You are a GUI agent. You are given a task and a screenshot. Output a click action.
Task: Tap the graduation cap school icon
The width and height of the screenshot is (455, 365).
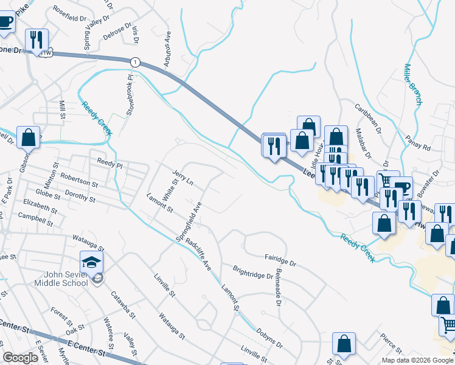(x=91, y=263)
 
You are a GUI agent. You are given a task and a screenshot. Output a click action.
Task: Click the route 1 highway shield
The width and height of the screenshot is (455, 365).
(x=134, y=61)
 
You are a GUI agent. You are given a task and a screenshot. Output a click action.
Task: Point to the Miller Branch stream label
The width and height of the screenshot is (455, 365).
(x=412, y=84)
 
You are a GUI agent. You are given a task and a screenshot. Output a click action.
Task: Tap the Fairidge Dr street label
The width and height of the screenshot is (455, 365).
(x=279, y=261)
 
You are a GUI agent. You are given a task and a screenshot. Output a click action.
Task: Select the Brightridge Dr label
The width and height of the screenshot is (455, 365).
(x=253, y=271)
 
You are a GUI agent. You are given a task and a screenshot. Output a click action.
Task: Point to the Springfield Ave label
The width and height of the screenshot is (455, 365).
(x=189, y=220)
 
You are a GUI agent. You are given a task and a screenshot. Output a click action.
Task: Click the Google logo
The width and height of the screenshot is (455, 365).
(x=21, y=357)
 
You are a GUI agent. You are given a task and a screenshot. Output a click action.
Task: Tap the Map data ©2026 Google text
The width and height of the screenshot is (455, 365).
(x=417, y=360)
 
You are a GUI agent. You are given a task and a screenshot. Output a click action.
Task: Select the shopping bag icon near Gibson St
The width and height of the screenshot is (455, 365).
(x=28, y=138)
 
